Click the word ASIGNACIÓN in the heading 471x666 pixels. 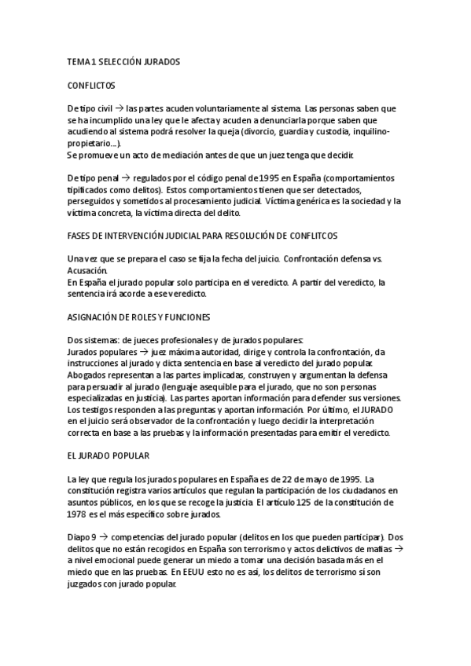pos(94,317)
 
